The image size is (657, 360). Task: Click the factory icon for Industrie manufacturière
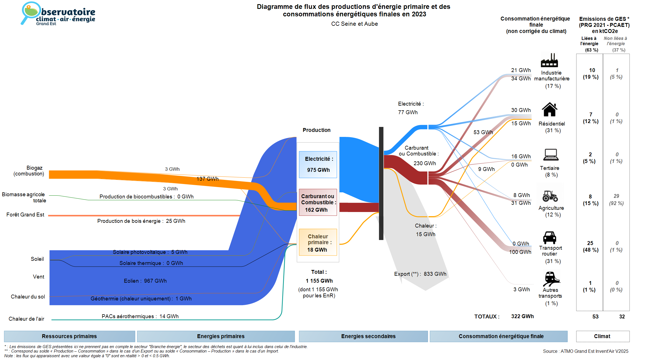549,60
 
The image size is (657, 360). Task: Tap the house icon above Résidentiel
549,109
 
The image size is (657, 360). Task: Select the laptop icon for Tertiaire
551,155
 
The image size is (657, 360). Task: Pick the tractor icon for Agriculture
550,196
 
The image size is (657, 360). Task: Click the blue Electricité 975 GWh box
318,164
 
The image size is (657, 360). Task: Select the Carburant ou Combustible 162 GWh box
318,203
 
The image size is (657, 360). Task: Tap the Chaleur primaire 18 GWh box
318,242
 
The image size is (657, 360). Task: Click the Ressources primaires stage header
69,336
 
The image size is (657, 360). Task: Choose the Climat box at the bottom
602,336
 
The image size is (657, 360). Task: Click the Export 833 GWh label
420,274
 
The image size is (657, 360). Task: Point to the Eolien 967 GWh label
145,281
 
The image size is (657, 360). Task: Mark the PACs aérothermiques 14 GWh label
140,316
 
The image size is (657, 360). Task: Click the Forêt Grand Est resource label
25,215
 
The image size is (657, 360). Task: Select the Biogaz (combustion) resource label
29,171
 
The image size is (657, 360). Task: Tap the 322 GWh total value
522,316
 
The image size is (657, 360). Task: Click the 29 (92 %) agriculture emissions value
616,200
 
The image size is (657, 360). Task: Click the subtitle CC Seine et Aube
354,24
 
